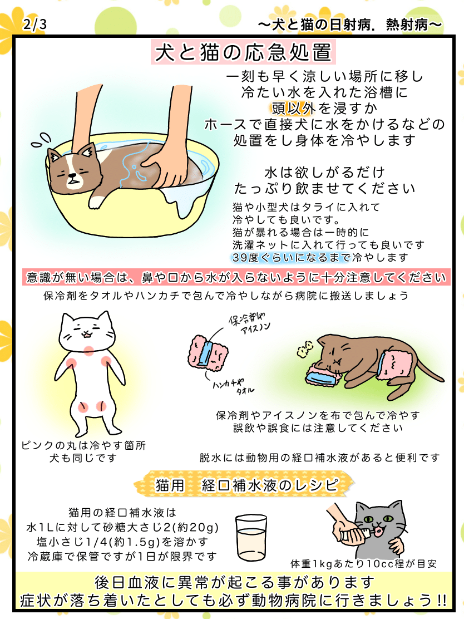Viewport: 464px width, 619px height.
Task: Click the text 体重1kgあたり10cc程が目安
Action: coord(363,563)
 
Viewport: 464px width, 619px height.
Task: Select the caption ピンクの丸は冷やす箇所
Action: coord(83,446)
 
